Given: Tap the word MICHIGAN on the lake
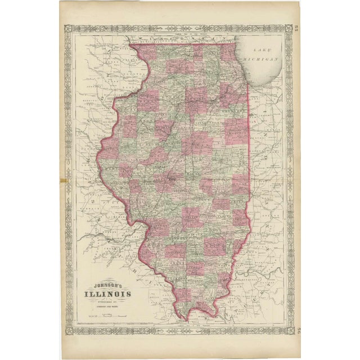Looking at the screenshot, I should pos(266,58).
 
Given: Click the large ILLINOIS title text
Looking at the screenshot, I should pos(108,294).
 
